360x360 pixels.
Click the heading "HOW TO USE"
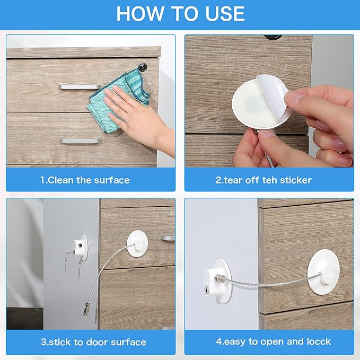coord(180,13)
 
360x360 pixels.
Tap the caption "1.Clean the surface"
coord(85,180)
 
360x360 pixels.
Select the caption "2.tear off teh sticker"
coord(264,180)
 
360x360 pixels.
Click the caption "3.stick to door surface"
coord(93,342)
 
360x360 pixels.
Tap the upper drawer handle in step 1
coord(80,86)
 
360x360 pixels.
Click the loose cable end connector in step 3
coord(86,308)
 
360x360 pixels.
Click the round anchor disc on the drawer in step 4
coord(323,270)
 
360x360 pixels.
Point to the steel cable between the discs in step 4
coord(270,284)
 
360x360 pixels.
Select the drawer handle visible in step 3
coord(168,238)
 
